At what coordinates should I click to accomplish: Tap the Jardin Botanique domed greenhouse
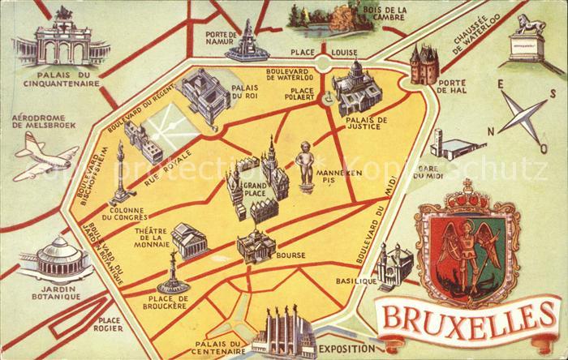(x=60, y=257)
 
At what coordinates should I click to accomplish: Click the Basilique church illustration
(x=395, y=265)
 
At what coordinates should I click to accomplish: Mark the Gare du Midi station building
(x=454, y=145)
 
